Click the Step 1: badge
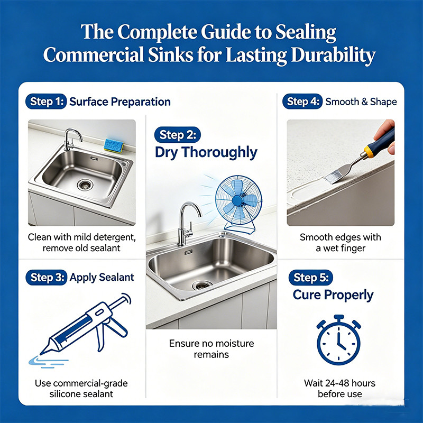pyautogui.click(x=46, y=102)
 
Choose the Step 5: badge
pyautogui.click(x=310, y=277)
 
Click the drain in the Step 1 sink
pyautogui.click(x=85, y=185)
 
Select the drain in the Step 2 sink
pyautogui.click(x=201, y=285)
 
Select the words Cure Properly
pyautogui.click(x=333, y=295)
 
